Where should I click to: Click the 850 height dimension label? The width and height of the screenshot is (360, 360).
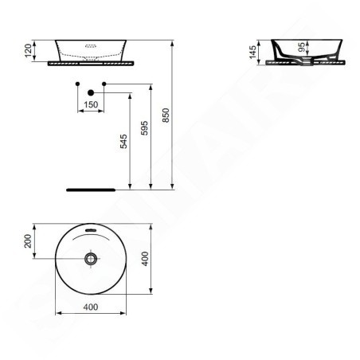[166, 115]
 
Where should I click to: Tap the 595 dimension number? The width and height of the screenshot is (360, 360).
[144, 128]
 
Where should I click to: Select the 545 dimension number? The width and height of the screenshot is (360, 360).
[123, 141]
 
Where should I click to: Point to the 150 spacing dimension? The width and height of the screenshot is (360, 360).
[91, 104]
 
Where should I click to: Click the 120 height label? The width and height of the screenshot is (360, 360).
[28, 51]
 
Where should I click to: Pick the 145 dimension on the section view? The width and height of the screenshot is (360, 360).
[252, 52]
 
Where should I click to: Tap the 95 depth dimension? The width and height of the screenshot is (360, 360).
[302, 47]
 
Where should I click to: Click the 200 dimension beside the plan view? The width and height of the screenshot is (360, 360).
[28, 241]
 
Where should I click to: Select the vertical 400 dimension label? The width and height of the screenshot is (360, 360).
[145, 259]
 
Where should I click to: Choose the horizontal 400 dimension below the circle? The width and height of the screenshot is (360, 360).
[91, 307]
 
